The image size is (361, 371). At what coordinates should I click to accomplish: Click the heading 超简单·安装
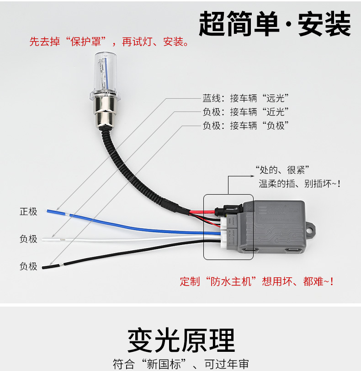click(275, 24)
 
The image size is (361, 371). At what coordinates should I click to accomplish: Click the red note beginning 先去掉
click(109, 42)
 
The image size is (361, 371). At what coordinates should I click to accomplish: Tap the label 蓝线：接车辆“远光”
click(246, 98)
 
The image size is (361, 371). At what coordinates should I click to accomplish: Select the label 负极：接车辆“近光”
click(246, 112)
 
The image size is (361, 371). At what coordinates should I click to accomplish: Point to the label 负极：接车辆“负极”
click(246, 126)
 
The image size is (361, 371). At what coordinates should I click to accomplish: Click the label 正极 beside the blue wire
click(28, 212)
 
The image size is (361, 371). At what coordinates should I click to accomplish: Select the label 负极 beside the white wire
click(28, 238)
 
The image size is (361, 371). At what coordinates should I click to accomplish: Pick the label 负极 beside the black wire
click(28, 266)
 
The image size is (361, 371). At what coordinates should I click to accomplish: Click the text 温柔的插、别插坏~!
click(299, 183)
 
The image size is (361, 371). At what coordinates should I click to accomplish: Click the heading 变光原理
click(181, 340)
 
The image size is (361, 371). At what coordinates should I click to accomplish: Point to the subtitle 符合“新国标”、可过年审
click(181, 364)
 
